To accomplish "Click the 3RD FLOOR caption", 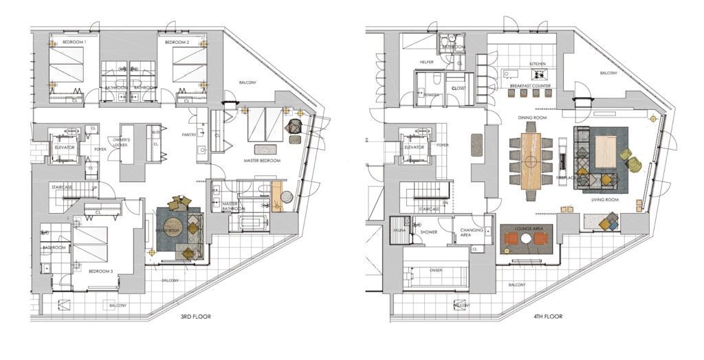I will (x=190, y=317).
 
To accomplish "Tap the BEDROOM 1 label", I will (x=75, y=43).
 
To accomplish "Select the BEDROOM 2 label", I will (x=177, y=43).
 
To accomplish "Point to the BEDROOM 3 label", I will (x=100, y=271).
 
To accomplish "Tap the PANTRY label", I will (x=190, y=135).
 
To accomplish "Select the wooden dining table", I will (x=531, y=162).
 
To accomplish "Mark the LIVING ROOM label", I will (x=605, y=200).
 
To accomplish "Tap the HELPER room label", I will (x=427, y=63).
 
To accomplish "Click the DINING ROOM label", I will (x=531, y=118).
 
